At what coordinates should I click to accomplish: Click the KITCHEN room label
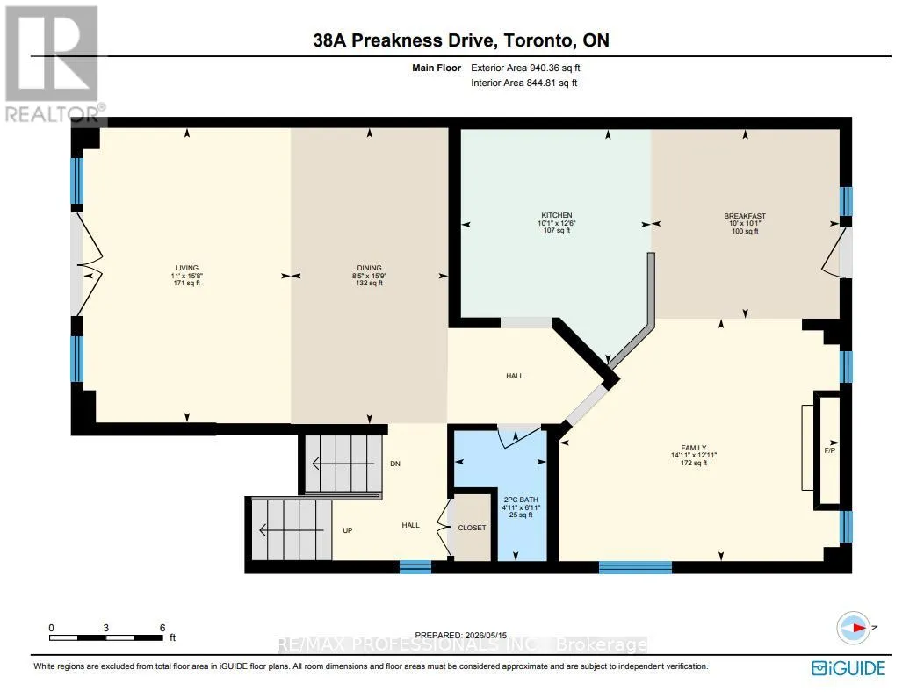click(x=557, y=215)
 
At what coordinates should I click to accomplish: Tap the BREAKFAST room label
click(x=745, y=216)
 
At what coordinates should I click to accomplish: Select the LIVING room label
click(x=187, y=268)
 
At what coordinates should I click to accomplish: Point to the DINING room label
click(x=370, y=268)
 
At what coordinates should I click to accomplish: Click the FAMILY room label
click(x=694, y=448)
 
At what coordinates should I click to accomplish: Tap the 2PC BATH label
click(x=521, y=500)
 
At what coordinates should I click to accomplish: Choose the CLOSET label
click(x=472, y=528)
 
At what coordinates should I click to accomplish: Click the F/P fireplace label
click(x=829, y=450)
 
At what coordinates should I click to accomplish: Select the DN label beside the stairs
click(x=395, y=464)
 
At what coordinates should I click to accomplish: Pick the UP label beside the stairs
click(x=348, y=530)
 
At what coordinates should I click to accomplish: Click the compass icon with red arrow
click(x=853, y=628)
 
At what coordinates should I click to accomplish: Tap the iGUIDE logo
click(x=848, y=668)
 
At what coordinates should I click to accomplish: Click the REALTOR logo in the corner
click(x=53, y=63)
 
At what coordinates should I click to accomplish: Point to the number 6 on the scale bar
click(x=162, y=628)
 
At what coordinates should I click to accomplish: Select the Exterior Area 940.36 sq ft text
click(x=525, y=68)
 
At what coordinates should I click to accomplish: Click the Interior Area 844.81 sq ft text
click(x=523, y=83)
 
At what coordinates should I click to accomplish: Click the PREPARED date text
click(x=461, y=635)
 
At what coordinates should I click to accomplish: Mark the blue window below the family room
click(x=635, y=567)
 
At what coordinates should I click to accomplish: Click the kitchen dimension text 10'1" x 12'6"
click(x=557, y=223)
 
